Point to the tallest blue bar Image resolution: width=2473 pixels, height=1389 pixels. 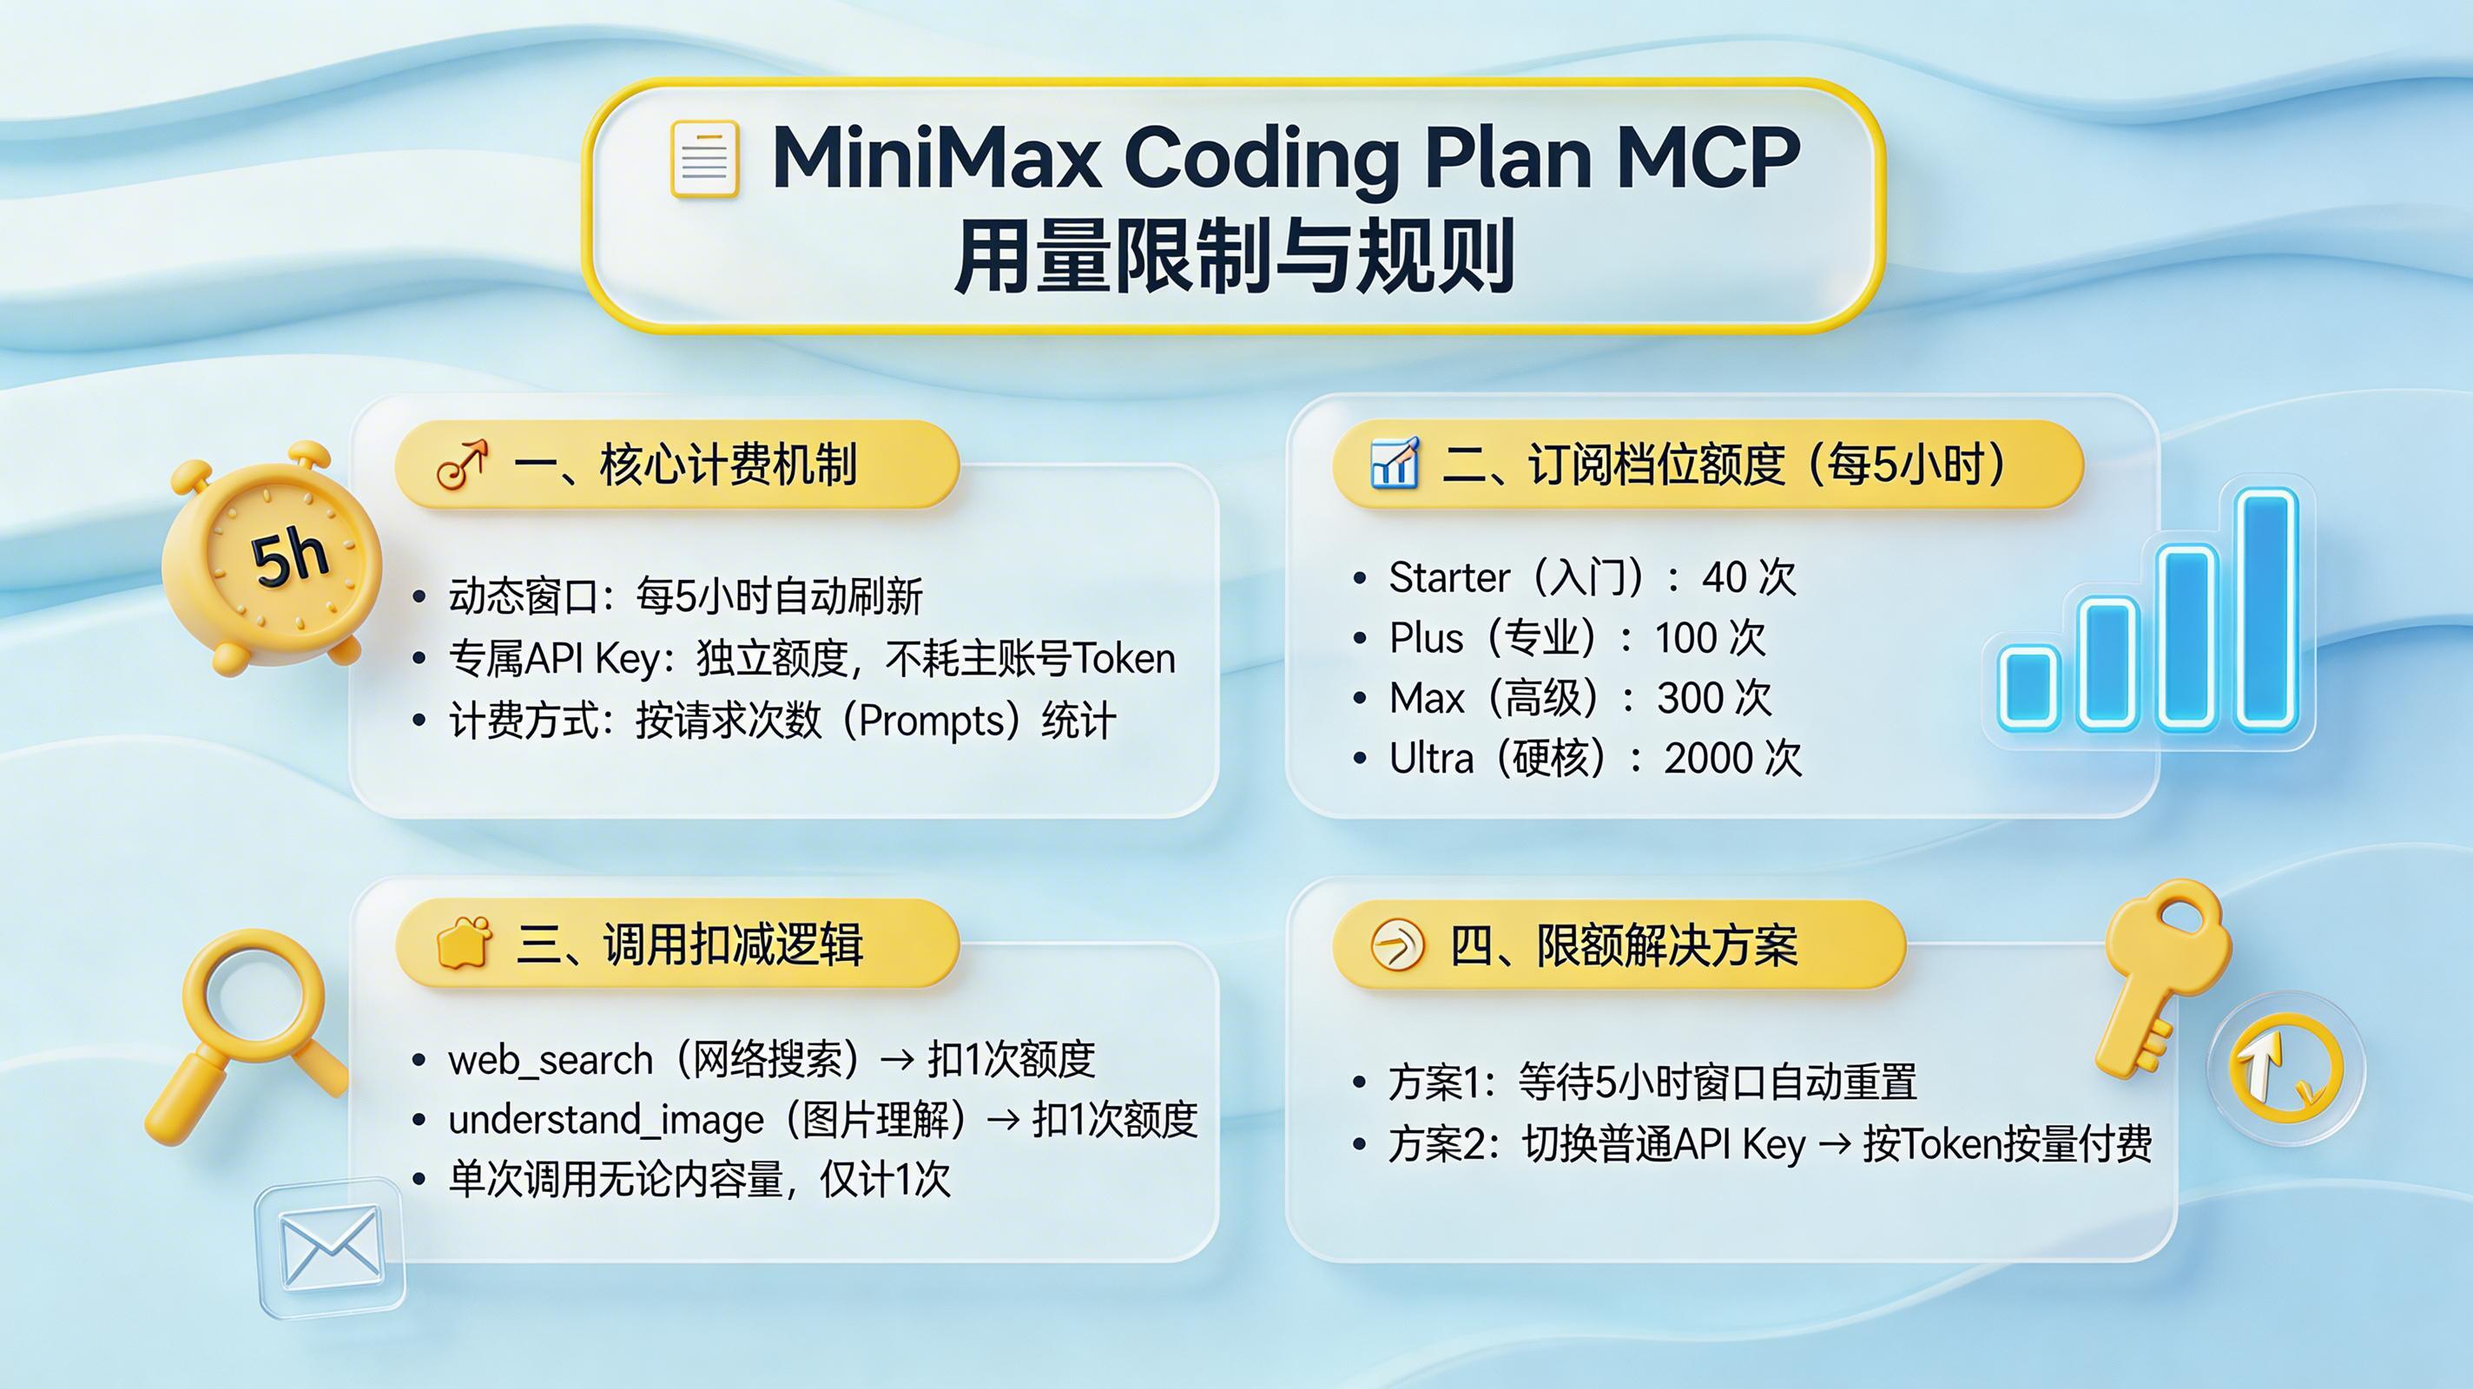point(2265,609)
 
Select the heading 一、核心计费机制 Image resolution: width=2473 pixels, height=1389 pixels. point(684,464)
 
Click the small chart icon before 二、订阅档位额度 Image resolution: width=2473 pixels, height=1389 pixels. point(1394,464)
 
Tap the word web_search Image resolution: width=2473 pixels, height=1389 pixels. point(551,1061)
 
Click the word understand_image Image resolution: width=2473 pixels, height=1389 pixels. point(606,1120)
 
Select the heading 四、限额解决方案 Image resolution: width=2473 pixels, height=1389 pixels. point(1622,945)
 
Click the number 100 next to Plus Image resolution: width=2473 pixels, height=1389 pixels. point(1685,638)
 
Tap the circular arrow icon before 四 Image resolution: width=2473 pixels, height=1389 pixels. point(1396,945)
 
